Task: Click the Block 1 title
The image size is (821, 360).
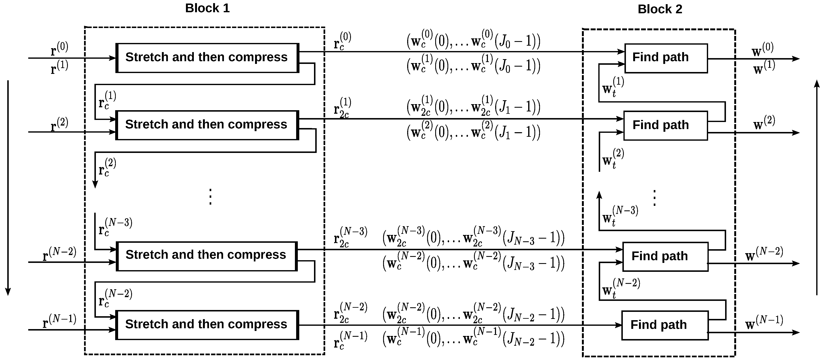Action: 207,8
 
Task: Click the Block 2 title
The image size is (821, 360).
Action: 660,9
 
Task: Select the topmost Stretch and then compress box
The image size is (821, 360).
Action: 207,58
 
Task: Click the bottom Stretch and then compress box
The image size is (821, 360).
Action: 207,325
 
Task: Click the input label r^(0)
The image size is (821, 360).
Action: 60,49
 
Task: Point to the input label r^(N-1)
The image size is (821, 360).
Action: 60,321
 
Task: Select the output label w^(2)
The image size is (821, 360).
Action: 764,123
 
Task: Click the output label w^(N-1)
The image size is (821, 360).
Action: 764,322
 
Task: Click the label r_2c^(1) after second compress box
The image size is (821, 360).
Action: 342,108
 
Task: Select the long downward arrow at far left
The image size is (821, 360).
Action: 8,188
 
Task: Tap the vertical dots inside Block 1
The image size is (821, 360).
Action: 210,196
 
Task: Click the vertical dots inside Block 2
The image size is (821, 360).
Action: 654,198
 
